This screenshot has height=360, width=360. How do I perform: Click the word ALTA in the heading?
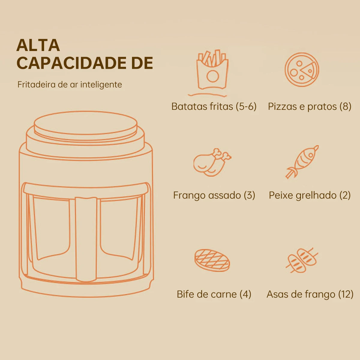coord(38,45)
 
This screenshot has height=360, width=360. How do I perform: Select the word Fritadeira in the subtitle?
coord(37,84)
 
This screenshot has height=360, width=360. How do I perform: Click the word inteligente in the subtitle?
coord(101,85)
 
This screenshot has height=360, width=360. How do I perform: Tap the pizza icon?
coord(302,70)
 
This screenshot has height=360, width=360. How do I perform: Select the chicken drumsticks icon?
coord(212,162)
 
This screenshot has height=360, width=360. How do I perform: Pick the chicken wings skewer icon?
coord(302,260)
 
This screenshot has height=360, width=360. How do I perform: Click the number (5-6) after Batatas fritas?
coord(246,106)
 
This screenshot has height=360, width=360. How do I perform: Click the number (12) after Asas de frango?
coord(346,294)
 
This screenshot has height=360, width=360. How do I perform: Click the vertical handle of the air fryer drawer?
coord(86,239)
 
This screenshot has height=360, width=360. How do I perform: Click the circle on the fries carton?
coord(213,76)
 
